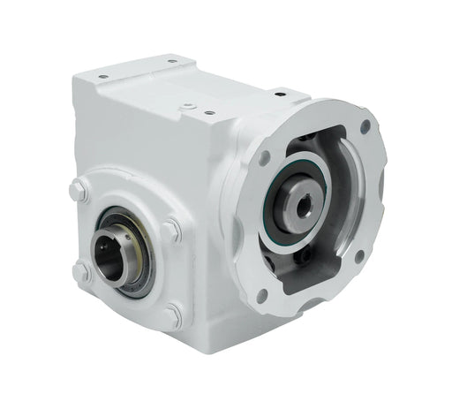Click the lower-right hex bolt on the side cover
tap(174, 314)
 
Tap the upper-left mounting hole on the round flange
tap(264, 159)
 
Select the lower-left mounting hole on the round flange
tap(261, 294)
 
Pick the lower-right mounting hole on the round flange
tap(359, 255)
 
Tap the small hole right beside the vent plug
tap(208, 112)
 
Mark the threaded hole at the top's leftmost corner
tap(103, 77)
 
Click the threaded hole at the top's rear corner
tap(171, 61)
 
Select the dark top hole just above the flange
tap(281, 92)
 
